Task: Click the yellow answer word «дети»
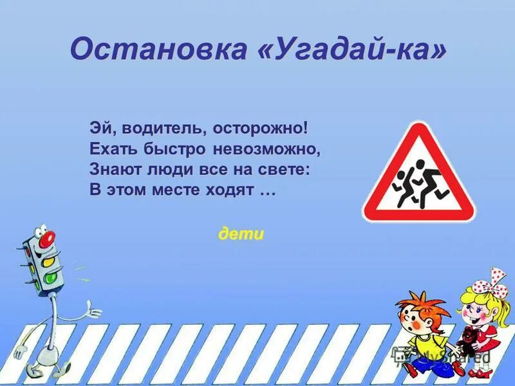241,234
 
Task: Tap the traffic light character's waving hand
94,313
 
